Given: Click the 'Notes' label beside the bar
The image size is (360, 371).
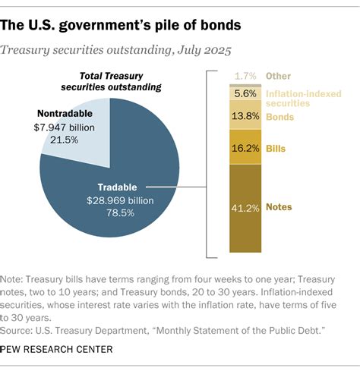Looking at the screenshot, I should pyautogui.click(x=279, y=207).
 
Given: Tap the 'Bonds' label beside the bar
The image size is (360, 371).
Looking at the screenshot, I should pyautogui.click(x=279, y=117).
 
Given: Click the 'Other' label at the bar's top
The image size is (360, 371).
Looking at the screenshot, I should pyautogui.click(x=278, y=77).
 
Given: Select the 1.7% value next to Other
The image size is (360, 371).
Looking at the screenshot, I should pyautogui.click(x=245, y=77).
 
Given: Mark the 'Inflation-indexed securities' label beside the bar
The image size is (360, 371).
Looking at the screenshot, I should pyautogui.click(x=299, y=97).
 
